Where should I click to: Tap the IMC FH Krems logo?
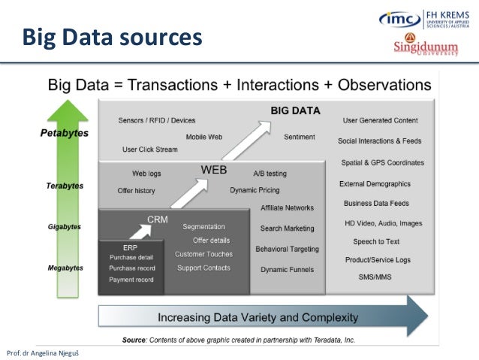427,18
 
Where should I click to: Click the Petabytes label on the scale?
64,133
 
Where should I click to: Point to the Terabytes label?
65,186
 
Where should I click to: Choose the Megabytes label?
65,268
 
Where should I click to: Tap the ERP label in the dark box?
130,247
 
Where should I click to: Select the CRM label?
157,219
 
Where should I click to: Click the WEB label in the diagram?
213,170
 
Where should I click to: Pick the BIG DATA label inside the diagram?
295,110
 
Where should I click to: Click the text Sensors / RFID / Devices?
157,120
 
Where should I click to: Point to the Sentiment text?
299,137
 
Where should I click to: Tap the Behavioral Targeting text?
287,249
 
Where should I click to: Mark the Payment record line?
131,280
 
